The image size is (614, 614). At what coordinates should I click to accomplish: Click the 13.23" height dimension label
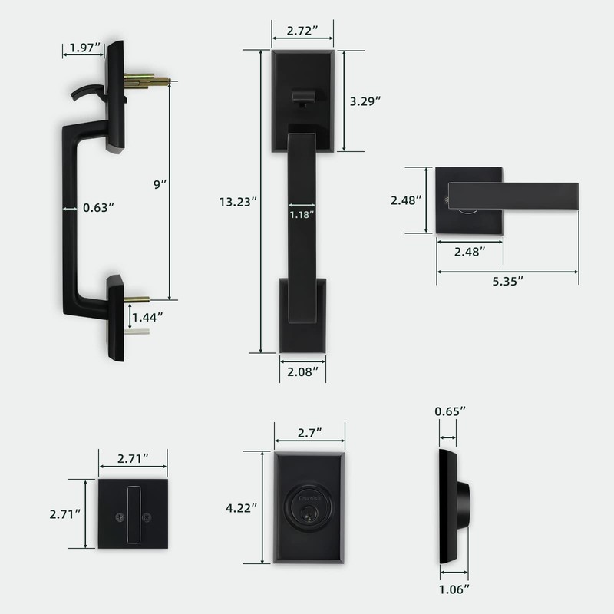tap(237, 202)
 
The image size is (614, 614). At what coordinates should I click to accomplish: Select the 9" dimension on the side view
tap(160, 184)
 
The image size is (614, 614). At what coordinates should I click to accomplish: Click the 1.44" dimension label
tap(147, 316)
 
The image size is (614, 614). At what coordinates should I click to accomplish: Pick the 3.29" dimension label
tap(366, 101)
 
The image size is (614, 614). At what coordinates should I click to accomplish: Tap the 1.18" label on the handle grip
tap(302, 215)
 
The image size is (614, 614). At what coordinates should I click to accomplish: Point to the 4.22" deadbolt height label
tap(242, 507)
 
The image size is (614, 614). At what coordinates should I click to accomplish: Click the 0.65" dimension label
tap(450, 412)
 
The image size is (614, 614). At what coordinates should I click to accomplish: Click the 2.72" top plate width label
tap(302, 32)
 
